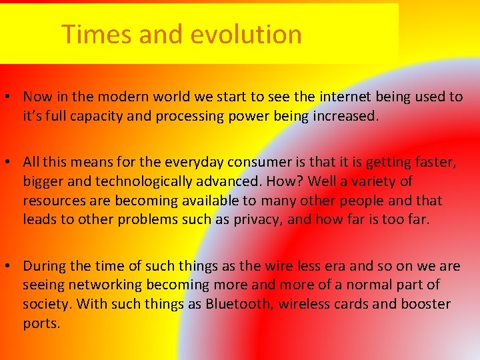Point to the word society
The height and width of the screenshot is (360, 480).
(47, 305)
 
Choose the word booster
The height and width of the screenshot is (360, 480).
(426, 305)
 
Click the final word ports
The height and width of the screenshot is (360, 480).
(41, 324)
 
